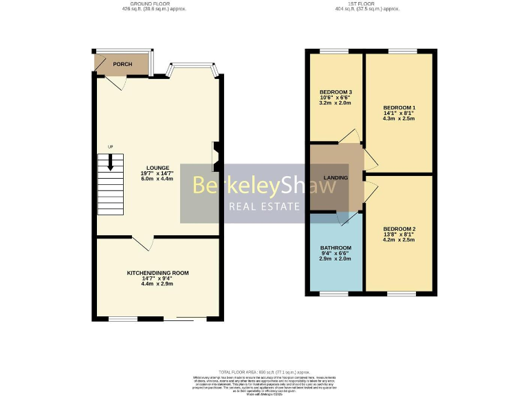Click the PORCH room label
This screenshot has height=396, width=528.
[122, 64]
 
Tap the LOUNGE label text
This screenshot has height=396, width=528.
[157, 167]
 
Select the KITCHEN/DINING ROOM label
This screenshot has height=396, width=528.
[157, 273]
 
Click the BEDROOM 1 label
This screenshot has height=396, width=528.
[399, 108]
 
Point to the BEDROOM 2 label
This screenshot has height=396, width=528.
[399, 229]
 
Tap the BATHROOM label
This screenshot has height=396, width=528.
[335, 248]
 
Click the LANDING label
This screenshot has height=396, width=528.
[335, 178]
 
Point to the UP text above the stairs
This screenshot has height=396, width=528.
[109, 147]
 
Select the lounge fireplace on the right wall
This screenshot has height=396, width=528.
[215, 155]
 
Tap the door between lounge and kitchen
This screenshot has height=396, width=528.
[143, 243]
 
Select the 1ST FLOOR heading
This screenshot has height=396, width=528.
[357, 3]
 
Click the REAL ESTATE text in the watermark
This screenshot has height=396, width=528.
[264, 206]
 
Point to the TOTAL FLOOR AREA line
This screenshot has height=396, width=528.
[264, 371]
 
